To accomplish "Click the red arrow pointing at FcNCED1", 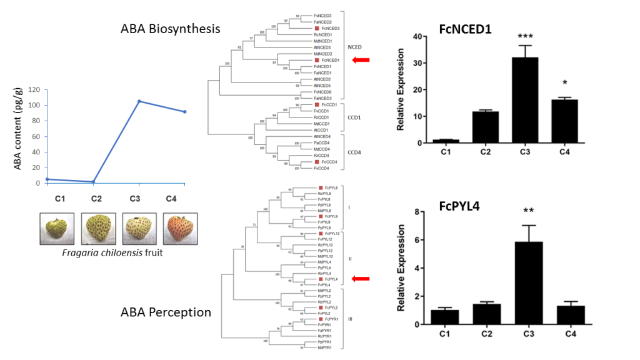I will (x=361, y=60).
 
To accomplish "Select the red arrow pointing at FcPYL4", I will (x=361, y=279).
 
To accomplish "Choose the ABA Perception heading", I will (x=166, y=312).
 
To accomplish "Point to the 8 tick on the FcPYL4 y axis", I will (x=415, y=212).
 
